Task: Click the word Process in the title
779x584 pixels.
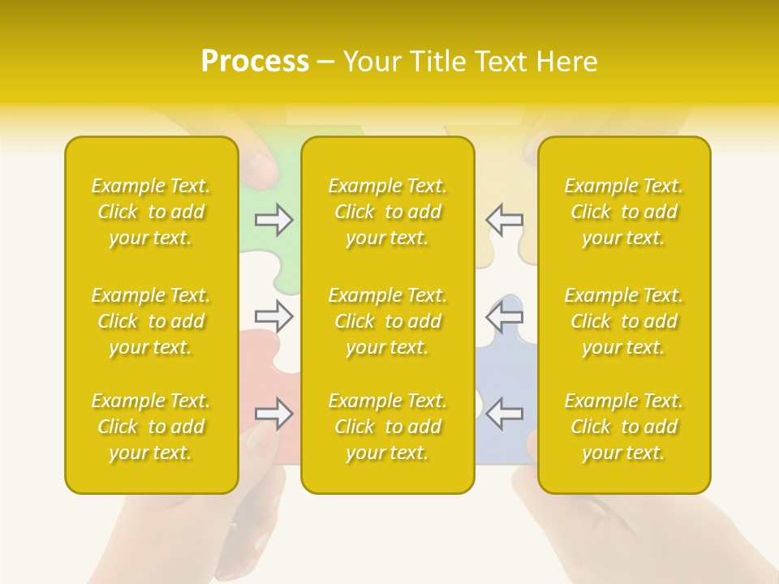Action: tap(255, 62)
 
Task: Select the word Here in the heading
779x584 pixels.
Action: tap(567, 62)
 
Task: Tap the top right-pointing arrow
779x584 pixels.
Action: tap(274, 220)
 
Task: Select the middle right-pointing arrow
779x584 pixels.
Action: tap(274, 316)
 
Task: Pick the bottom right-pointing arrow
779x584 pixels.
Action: tap(274, 414)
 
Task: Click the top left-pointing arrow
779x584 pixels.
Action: tap(504, 220)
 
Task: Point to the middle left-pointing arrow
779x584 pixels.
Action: tap(504, 316)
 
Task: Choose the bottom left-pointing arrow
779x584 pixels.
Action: tap(504, 414)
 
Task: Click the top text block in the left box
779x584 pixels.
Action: tap(151, 212)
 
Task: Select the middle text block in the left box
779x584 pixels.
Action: tap(151, 321)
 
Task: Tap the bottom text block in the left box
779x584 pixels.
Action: tap(151, 427)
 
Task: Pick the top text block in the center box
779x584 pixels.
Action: tap(387, 212)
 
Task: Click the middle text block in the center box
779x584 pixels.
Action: tap(387, 321)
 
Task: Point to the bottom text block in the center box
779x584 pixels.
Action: tap(387, 427)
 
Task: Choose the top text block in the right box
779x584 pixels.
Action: tap(623, 212)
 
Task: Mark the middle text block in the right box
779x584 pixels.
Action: tap(623, 321)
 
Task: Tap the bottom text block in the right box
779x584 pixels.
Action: tap(623, 427)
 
